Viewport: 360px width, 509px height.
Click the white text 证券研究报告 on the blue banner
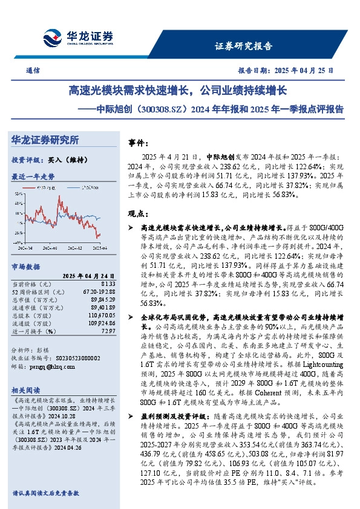tap(243, 46)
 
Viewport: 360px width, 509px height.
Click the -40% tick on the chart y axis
tap(19, 242)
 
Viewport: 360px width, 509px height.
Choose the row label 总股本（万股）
tap(33, 316)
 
